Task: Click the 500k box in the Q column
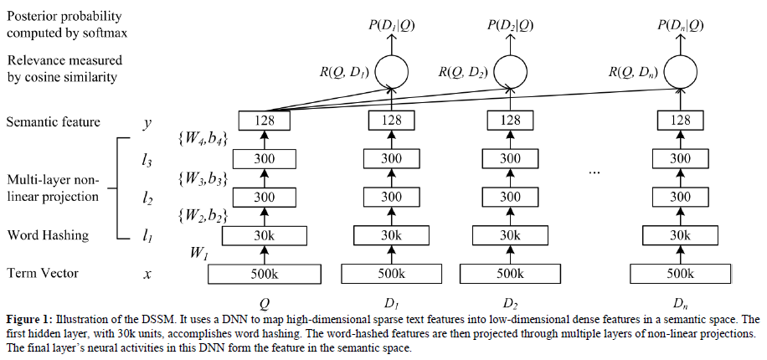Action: pyautogui.click(x=265, y=273)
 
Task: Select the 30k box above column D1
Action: pyautogui.click(x=391, y=235)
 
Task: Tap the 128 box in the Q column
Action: pyautogui.click(x=265, y=121)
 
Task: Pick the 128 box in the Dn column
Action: pyautogui.click(x=680, y=121)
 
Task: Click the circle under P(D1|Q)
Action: pyautogui.click(x=391, y=71)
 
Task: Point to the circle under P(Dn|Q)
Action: pyautogui.click(x=680, y=71)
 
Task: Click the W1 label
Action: pyautogui.click(x=198, y=253)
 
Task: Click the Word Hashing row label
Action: pyautogui.click(x=48, y=235)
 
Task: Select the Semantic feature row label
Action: pyautogui.click(x=54, y=122)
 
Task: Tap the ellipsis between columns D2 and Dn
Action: pyautogui.click(x=595, y=172)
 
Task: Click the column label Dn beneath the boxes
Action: pyautogui.click(x=680, y=303)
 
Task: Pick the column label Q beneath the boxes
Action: pyautogui.click(x=265, y=303)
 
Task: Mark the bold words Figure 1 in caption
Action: pyautogui.click(x=28, y=320)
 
